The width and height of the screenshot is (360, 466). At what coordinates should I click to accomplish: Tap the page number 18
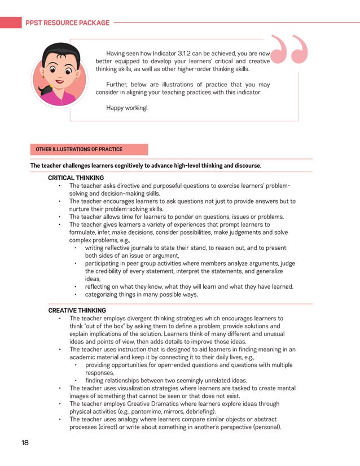(25, 443)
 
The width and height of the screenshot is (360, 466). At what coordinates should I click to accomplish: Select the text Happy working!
(126, 107)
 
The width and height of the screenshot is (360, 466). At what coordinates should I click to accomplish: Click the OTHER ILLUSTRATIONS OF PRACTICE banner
(78, 150)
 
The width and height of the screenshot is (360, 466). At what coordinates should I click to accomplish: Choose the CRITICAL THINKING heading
(76, 178)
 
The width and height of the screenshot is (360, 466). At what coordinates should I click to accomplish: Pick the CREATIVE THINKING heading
(77, 310)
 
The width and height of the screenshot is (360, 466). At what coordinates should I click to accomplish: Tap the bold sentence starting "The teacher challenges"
(145, 166)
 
